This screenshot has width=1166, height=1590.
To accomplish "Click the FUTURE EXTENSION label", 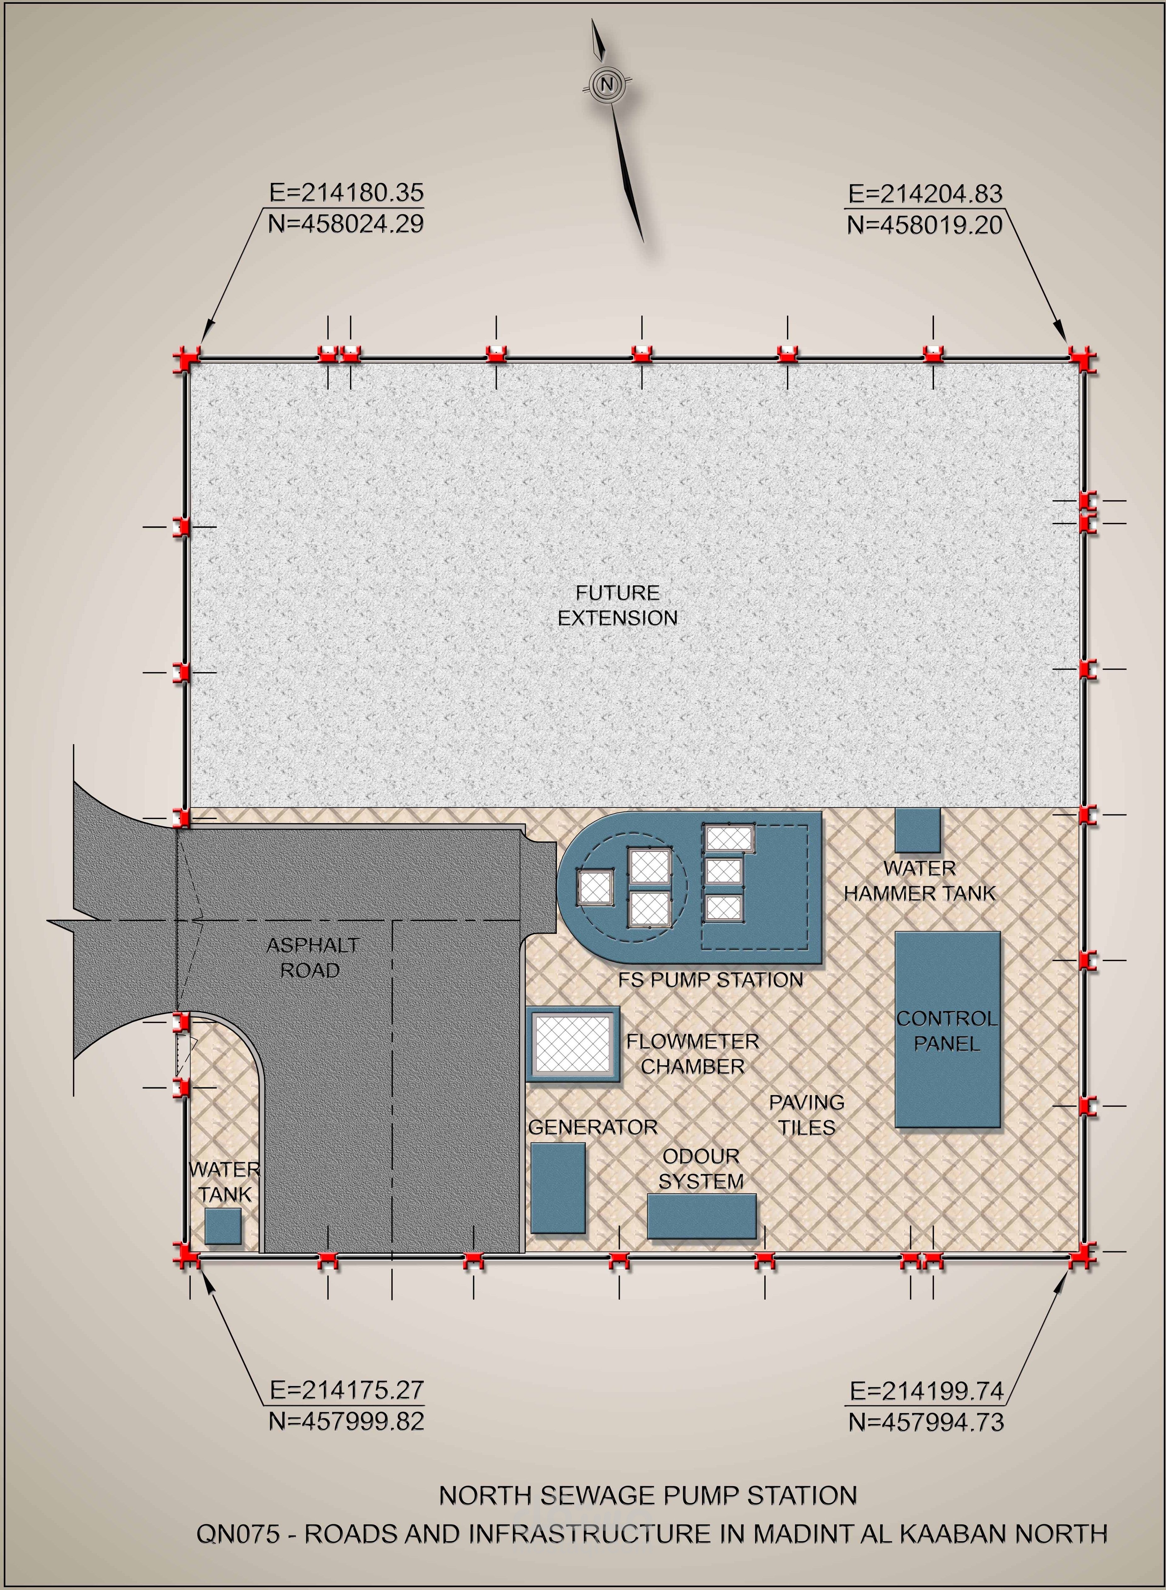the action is click(618, 606).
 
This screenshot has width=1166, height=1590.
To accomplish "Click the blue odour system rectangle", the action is click(702, 1216).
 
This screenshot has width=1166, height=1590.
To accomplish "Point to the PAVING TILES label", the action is click(807, 1115).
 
